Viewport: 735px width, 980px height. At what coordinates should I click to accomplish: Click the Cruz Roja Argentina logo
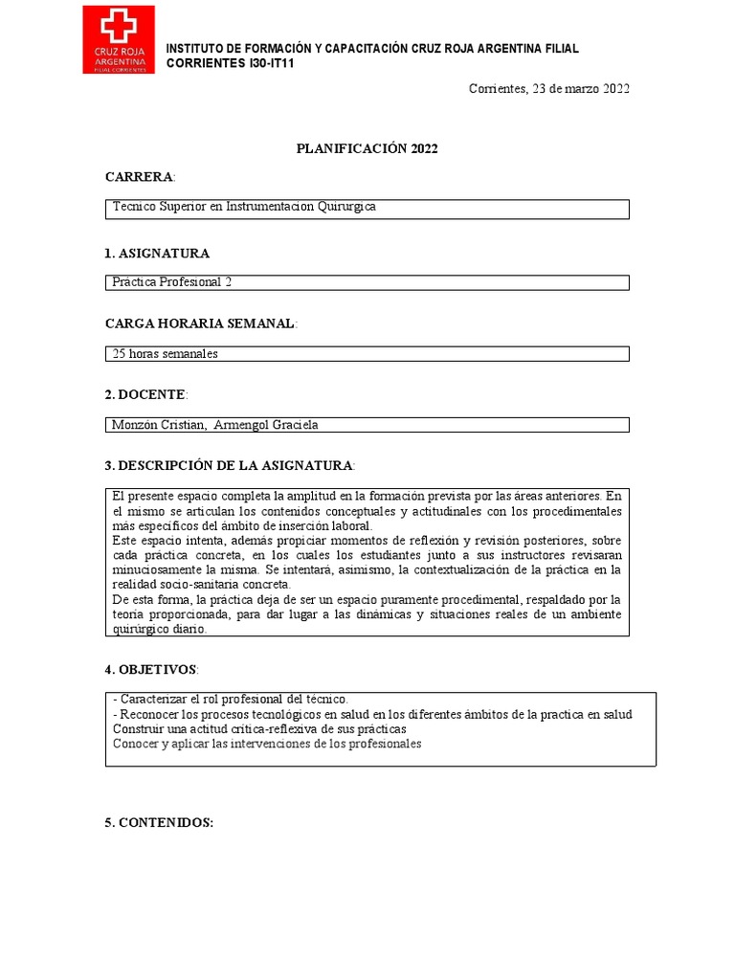(x=118, y=40)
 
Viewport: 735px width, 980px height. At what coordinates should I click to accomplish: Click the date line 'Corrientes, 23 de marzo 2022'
(x=548, y=89)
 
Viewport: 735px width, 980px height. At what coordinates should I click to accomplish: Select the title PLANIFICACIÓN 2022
(x=367, y=148)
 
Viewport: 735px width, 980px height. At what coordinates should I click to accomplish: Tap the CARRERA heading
(x=140, y=177)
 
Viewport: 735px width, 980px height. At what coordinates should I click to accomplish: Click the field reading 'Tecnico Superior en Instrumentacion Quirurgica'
(x=244, y=207)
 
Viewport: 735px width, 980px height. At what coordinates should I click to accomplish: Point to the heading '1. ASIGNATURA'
(x=157, y=254)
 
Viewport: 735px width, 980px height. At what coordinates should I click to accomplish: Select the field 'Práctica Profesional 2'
(x=172, y=282)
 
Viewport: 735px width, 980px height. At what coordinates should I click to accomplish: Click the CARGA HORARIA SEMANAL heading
(x=201, y=324)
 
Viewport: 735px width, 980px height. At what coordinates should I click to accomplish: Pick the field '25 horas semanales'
(x=166, y=353)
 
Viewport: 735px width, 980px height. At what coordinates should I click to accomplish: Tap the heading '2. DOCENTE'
(x=145, y=394)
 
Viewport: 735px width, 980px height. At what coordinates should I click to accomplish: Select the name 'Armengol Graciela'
(x=273, y=425)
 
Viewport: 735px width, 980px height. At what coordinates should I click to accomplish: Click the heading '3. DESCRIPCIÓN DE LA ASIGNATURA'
(x=230, y=465)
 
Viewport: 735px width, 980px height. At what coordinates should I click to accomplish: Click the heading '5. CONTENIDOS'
(x=159, y=823)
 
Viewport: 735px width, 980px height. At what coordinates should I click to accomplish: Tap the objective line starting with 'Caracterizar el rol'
(x=231, y=700)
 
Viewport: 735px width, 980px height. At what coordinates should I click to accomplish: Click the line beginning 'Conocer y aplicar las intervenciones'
(x=267, y=744)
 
